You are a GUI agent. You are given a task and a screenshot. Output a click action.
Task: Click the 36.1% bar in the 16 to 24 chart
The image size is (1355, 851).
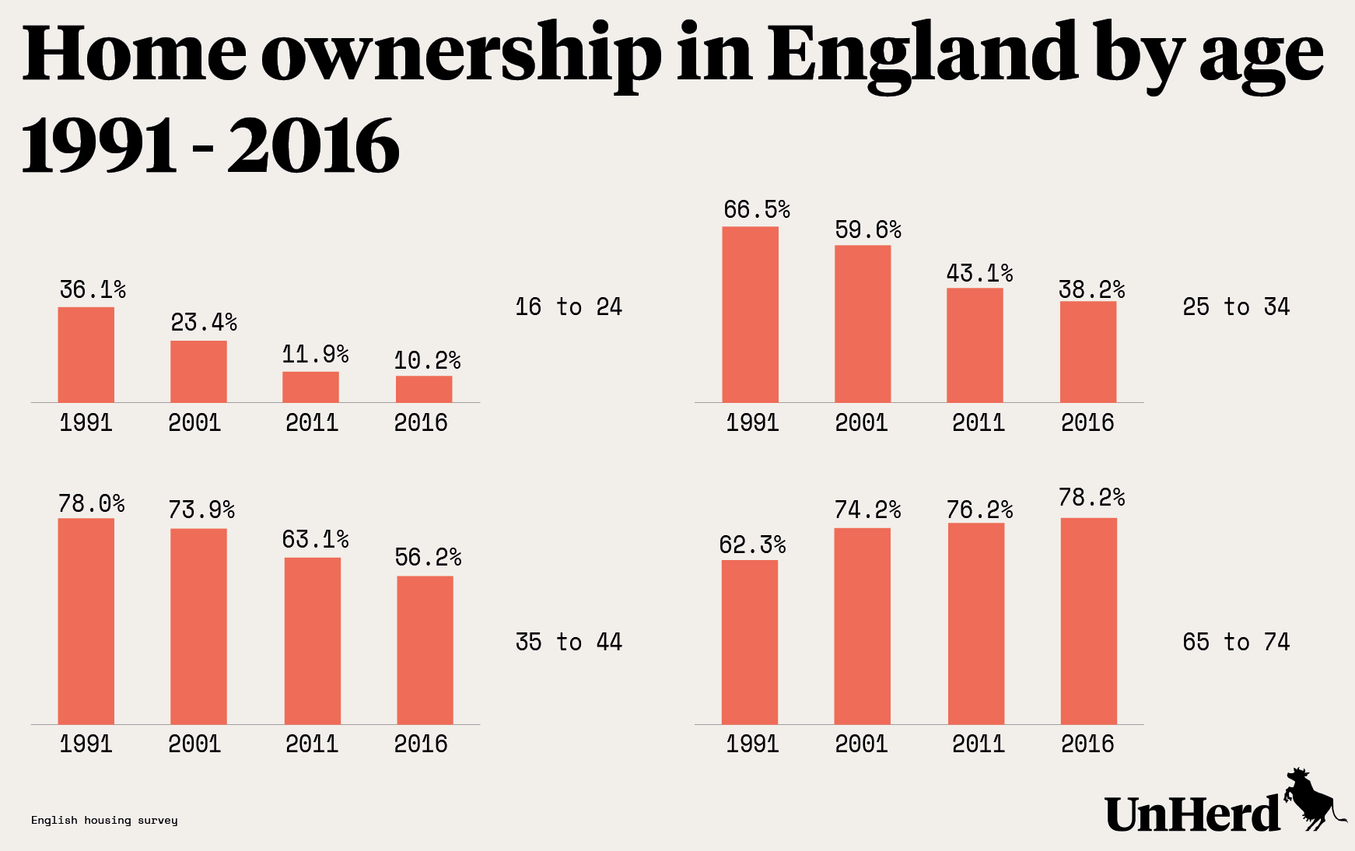[x=86, y=355]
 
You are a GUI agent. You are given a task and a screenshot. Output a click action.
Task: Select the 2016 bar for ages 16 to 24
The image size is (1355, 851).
[x=424, y=389]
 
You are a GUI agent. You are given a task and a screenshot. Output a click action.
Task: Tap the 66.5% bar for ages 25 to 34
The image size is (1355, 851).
[x=750, y=314]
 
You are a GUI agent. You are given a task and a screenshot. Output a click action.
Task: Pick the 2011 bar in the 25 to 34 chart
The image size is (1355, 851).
[x=975, y=345]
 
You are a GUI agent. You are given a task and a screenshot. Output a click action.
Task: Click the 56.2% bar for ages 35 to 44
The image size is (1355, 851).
[x=425, y=650]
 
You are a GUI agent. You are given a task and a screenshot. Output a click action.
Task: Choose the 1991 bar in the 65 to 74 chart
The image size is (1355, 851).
[x=749, y=643]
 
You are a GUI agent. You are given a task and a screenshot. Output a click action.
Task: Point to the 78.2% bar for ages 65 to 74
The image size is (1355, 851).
[x=1088, y=621]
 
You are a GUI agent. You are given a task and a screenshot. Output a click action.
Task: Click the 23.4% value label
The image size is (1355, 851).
[x=204, y=322]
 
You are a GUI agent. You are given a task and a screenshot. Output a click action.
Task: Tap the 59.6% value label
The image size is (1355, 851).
[x=868, y=229]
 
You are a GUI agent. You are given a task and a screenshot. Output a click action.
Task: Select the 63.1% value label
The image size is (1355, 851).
[x=315, y=539]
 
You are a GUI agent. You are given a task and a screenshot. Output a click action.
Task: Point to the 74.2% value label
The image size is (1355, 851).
[x=867, y=510]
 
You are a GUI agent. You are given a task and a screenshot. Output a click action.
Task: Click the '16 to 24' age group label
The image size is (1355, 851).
[x=569, y=306]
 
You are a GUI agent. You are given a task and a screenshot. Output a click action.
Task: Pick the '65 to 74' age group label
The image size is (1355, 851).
[x=1236, y=642]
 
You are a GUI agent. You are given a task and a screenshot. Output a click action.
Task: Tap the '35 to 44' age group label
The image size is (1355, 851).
[x=569, y=642]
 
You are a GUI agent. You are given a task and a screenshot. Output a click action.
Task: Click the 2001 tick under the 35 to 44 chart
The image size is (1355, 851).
[x=194, y=744]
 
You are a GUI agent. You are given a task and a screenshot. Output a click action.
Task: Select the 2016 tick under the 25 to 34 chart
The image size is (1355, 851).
[x=1087, y=422]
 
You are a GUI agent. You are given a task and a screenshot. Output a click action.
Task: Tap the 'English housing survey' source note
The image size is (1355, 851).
[x=104, y=820]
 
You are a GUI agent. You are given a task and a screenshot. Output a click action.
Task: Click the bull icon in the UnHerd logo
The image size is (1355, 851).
[x=1314, y=801]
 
